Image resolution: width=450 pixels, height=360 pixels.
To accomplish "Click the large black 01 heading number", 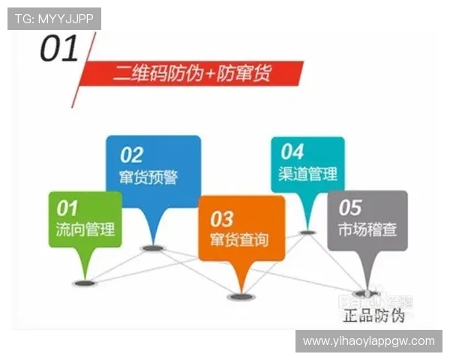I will pyautogui.click(x=60, y=50).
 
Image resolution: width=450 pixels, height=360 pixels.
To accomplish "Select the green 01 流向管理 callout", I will pyautogui.click(x=85, y=218).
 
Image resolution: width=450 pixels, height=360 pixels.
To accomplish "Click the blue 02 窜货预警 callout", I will pyautogui.click(x=153, y=166).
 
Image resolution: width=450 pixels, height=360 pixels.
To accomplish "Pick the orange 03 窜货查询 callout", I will pyautogui.click(x=241, y=229).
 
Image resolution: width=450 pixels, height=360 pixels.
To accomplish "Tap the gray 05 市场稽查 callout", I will pyautogui.click(x=367, y=219).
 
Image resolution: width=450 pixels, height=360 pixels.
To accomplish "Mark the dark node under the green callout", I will pyautogui.click(x=83, y=283).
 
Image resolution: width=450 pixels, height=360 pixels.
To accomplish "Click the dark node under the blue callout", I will pyautogui.click(x=153, y=247).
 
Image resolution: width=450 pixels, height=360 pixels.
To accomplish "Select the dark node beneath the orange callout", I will pyautogui.click(x=241, y=297).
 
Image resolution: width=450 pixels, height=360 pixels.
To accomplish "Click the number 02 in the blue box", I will pyautogui.click(x=132, y=154).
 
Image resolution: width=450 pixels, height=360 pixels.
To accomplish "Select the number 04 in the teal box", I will pyautogui.click(x=292, y=151).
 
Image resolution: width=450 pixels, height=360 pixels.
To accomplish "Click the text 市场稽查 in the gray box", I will pyautogui.click(x=367, y=229).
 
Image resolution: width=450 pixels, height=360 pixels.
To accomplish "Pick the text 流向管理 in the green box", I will pyautogui.click(x=85, y=229).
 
